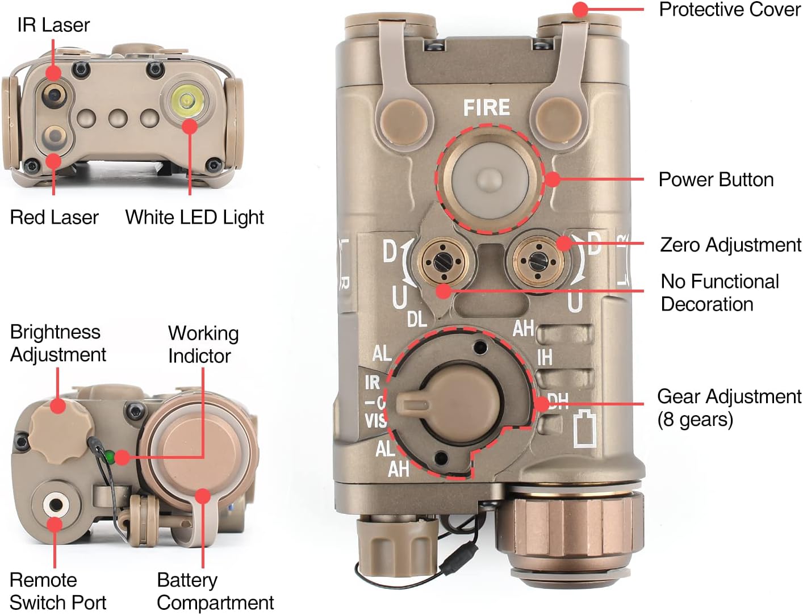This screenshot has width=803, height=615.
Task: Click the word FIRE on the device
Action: click(x=486, y=107)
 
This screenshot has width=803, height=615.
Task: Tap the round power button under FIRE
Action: click(x=490, y=178)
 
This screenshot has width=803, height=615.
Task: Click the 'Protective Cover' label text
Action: click(x=729, y=10)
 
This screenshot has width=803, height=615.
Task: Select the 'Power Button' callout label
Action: click(x=716, y=179)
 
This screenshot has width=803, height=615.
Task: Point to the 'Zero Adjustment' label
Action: click(x=730, y=245)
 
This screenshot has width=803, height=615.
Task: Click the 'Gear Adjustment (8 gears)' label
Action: click(x=729, y=407)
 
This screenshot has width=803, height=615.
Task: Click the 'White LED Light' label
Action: click(x=194, y=217)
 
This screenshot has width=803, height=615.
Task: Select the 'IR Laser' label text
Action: click(x=53, y=25)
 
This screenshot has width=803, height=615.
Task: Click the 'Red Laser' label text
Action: click(x=54, y=217)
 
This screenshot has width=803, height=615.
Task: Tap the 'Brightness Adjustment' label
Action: click(x=57, y=343)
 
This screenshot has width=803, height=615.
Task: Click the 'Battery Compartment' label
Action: click(x=215, y=591)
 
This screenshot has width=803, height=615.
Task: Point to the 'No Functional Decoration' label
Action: click(x=720, y=292)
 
